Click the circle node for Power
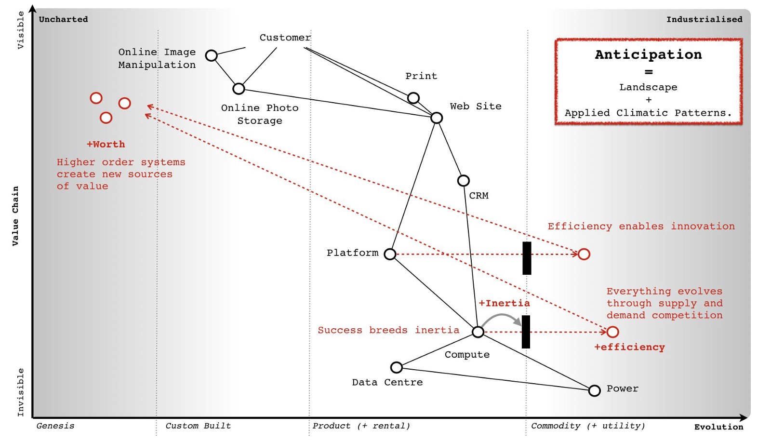click(594, 390)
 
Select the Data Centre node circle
click(396, 368)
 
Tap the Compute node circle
click(478, 332)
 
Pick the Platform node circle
click(390, 254)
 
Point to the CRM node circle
click(463, 181)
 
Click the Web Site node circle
click(437, 118)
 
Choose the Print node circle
click(413, 98)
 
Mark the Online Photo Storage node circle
click(239, 89)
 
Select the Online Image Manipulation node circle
click(211, 55)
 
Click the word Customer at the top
click(285, 38)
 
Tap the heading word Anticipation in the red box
click(648, 54)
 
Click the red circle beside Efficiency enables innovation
click(584, 254)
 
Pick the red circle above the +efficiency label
click(612, 332)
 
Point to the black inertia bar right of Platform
click(527, 258)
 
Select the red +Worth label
click(106, 144)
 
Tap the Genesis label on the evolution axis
click(55, 426)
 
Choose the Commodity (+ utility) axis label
click(587, 426)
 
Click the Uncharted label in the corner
click(63, 19)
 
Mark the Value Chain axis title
click(15, 216)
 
